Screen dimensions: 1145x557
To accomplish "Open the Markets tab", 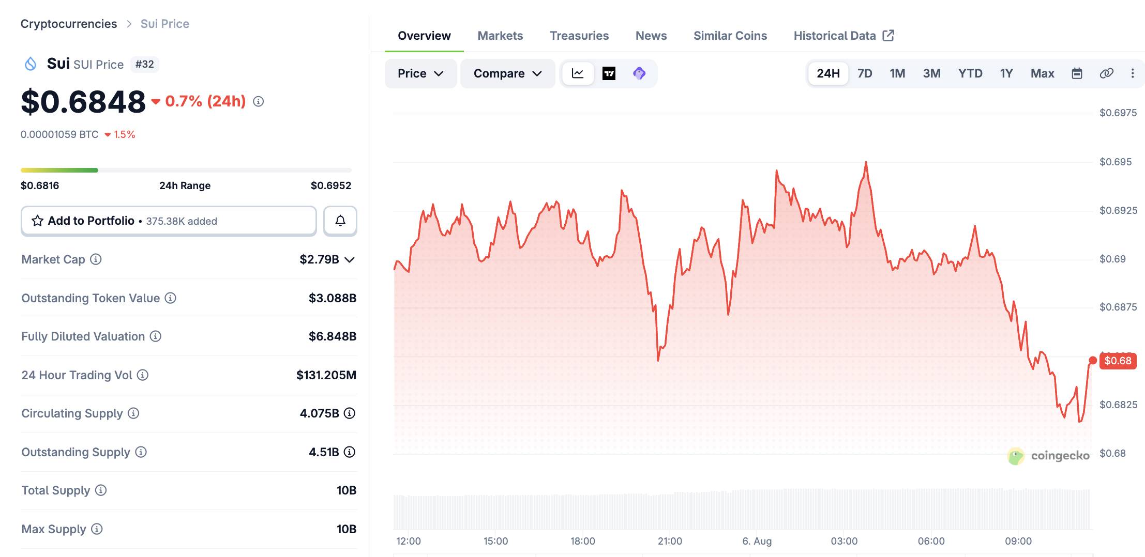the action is point(500,36).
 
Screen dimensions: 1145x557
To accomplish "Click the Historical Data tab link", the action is point(843,36).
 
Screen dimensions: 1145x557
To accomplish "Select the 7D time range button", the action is point(865,73).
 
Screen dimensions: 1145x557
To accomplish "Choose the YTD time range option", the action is point(970,73).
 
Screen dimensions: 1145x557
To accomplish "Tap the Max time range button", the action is point(1042,73).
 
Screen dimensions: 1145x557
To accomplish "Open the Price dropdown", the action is point(420,73).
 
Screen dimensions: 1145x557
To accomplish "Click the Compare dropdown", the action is point(507,73).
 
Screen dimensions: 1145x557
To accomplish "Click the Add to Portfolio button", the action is point(169,221).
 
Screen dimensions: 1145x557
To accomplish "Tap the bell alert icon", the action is point(340,221).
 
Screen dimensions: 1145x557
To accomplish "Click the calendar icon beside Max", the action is point(1077,73).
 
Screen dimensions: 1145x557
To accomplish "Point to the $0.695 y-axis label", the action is point(1116,162).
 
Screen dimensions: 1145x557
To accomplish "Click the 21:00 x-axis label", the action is point(670,541).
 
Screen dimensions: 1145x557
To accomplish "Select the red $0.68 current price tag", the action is point(1118,361).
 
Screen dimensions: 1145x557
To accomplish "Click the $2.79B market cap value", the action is point(319,259).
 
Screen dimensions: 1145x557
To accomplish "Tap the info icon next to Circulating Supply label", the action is point(133,413).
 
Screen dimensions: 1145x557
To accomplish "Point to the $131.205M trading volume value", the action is point(326,375).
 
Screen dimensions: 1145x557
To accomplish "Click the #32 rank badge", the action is point(145,64).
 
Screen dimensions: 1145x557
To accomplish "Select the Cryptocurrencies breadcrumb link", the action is point(69,24).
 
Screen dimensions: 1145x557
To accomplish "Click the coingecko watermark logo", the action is point(1048,456).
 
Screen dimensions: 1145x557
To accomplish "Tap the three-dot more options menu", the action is point(1133,73).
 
